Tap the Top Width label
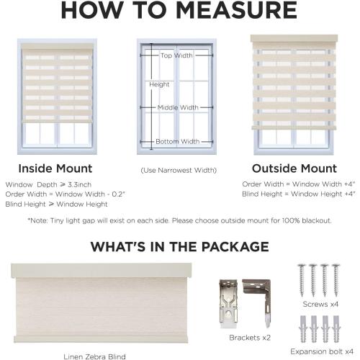[176, 55]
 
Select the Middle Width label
[178, 108]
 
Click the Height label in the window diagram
[159, 84]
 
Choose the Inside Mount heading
[55, 168]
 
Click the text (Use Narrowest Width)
[177, 171]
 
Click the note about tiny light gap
[179, 220]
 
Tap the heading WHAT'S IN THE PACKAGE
[179, 247]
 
